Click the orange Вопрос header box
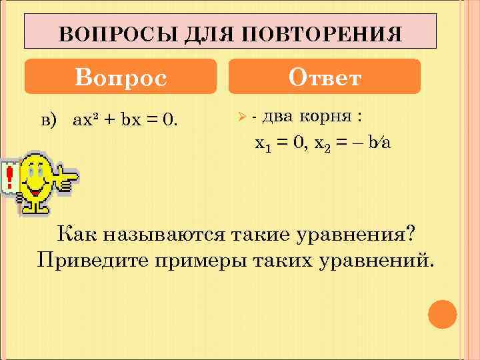(x=121, y=77)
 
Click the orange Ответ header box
(x=325, y=77)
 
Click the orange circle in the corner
(x=441, y=315)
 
